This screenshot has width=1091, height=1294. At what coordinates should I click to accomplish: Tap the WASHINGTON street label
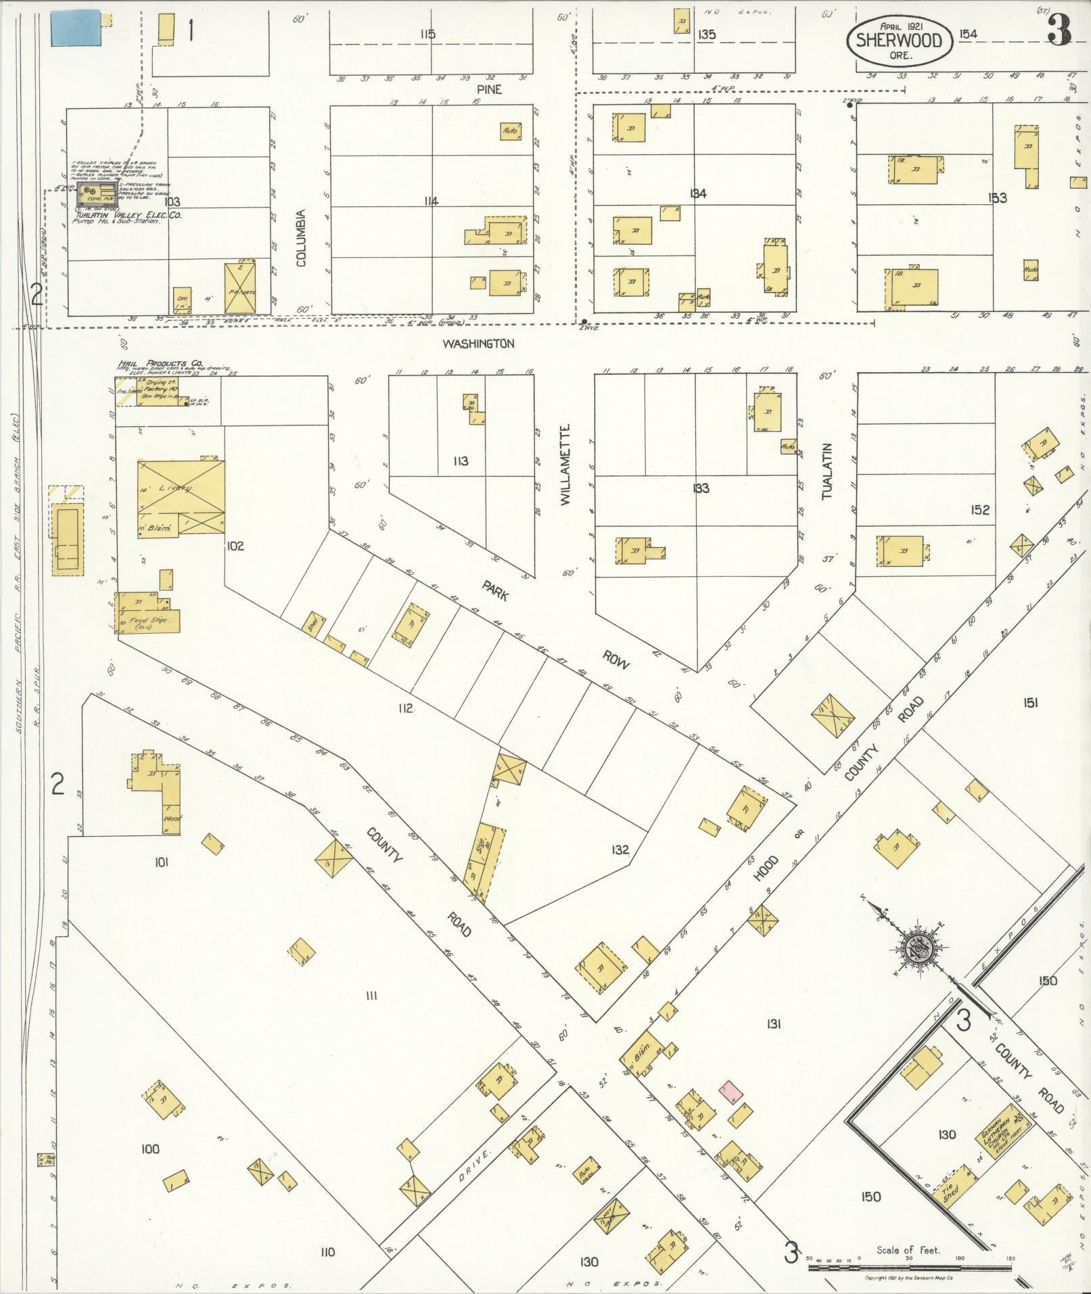click(x=478, y=344)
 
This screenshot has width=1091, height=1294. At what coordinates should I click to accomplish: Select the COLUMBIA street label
click(x=302, y=237)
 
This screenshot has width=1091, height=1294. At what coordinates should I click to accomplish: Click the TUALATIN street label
click(x=827, y=471)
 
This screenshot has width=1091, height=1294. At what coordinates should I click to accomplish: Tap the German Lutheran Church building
click(x=1006, y=1133)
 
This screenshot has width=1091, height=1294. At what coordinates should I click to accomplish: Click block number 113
click(x=461, y=461)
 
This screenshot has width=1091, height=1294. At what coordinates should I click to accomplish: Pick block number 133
click(x=701, y=488)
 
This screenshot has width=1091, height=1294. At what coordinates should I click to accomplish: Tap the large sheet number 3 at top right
click(x=1059, y=31)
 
